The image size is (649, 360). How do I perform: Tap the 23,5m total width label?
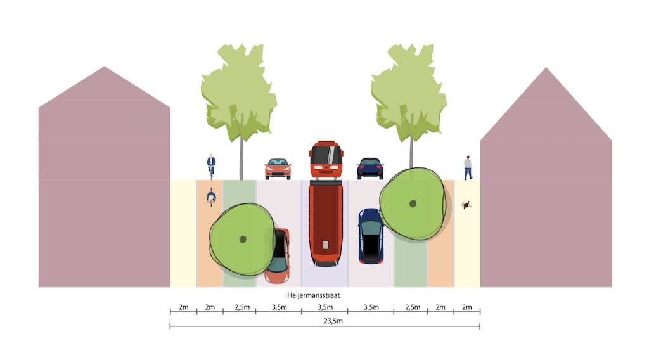click(x=324, y=321)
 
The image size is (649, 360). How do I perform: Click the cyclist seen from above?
click(x=211, y=198)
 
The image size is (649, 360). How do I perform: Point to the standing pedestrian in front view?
click(x=468, y=167)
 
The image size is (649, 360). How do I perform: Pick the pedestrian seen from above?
click(x=467, y=205)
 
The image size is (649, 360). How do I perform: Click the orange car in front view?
click(x=278, y=169)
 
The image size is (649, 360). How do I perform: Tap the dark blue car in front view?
click(x=370, y=169)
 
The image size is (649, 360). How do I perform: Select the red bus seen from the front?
click(x=326, y=160)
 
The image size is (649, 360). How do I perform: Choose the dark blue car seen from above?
click(x=371, y=236)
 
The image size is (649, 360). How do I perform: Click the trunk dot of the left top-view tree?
click(x=243, y=239)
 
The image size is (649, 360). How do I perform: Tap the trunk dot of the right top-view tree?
click(x=413, y=203)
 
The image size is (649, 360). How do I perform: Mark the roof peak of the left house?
click(x=105, y=67)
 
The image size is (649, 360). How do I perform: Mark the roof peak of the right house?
click(x=546, y=67)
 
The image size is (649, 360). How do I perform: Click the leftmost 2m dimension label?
click(x=183, y=307)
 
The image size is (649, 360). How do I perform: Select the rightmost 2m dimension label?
click(x=467, y=307)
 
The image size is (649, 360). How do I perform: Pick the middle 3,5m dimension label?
click(x=324, y=307)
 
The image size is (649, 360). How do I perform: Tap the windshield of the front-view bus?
click(x=326, y=154)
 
